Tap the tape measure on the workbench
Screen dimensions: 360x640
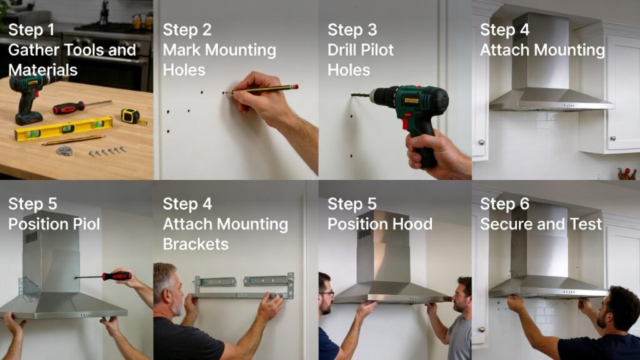(131, 116)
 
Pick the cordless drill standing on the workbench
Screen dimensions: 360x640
(28, 97)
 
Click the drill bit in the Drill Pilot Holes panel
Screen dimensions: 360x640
(360, 96)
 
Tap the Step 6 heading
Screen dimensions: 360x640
(504, 204)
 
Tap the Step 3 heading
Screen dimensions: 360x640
(352, 30)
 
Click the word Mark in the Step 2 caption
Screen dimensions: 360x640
(182, 50)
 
